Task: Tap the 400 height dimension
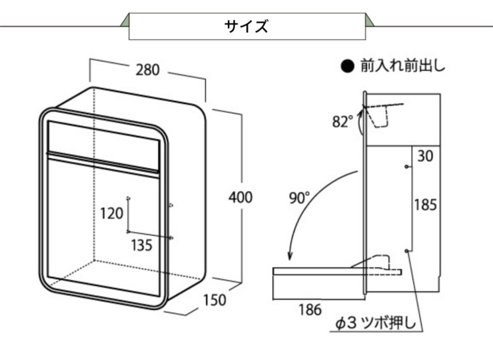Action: pyautogui.click(x=240, y=197)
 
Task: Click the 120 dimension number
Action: pyautogui.click(x=112, y=213)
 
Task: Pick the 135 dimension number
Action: pyautogui.click(x=141, y=245)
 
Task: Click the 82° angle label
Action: pyautogui.click(x=342, y=121)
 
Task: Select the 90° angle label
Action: pyautogui.click(x=299, y=197)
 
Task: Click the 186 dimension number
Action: pyautogui.click(x=309, y=309)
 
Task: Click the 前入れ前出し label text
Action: pyautogui.click(x=402, y=66)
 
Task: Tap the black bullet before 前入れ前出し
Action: pyautogui.click(x=346, y=67)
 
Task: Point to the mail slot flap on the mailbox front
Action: pyautogui.click(x=105, y=137)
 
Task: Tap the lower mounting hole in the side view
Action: pyautogui.click(x=407, y=250)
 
